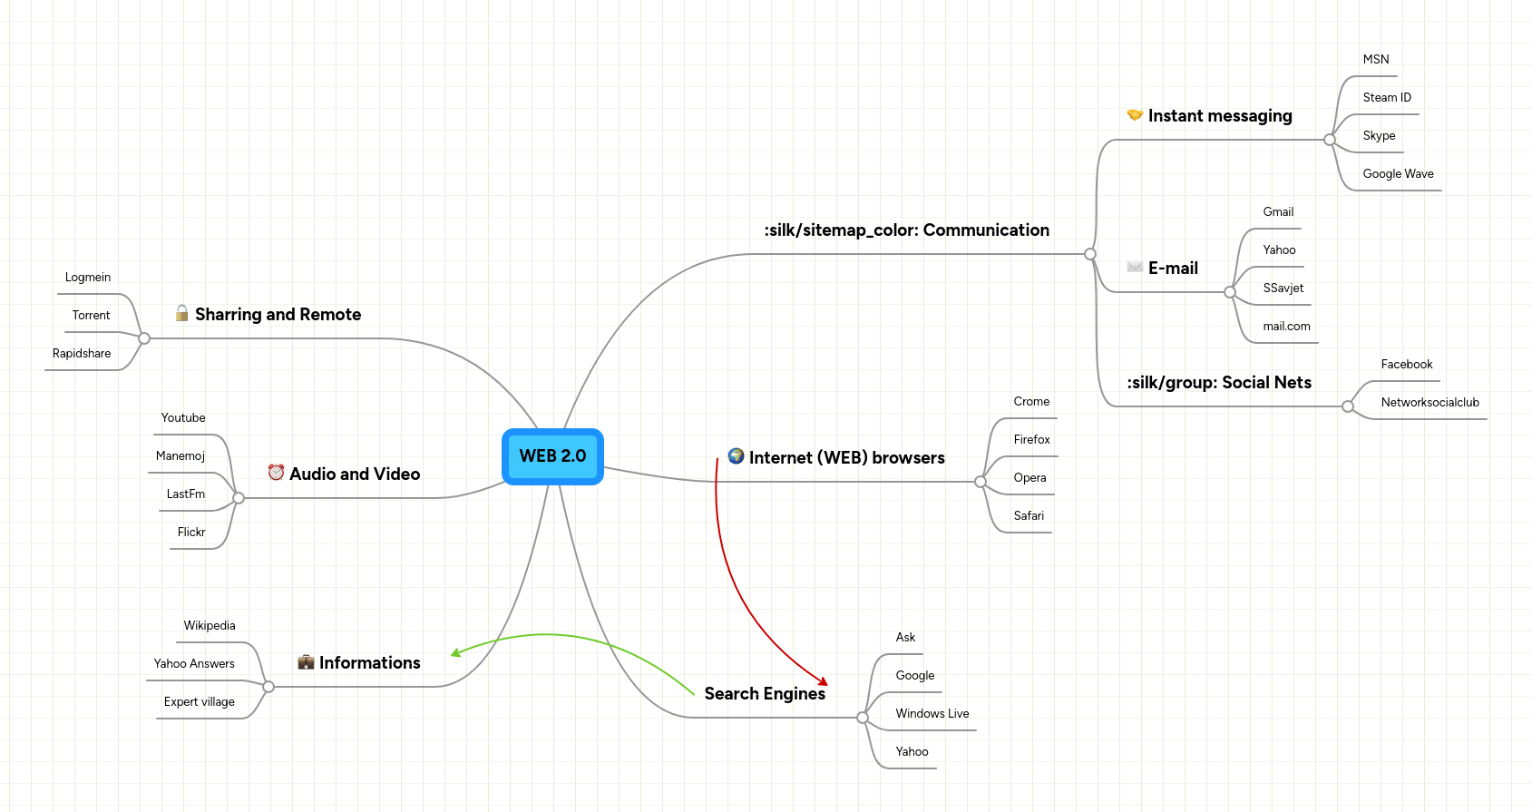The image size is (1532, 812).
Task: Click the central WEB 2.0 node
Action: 552,456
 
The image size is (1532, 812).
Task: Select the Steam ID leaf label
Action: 1386,98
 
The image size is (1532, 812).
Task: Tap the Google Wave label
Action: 1398,174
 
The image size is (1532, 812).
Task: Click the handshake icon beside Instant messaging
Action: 1134,115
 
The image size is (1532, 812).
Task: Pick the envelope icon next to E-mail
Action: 1134,267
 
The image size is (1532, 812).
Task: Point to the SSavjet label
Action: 1283,289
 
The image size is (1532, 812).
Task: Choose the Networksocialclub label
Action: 1430,403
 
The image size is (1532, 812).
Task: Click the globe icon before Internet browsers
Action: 736,456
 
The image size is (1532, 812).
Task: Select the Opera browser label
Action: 1029,478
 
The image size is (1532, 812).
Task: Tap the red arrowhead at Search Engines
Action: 823,681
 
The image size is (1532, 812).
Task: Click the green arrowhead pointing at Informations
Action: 456,652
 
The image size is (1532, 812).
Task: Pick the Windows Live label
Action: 932,714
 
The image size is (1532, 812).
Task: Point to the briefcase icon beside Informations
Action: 306,662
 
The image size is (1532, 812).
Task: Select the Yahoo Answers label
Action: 194,664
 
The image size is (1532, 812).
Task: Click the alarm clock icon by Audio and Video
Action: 276,473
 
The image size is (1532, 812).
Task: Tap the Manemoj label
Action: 180,456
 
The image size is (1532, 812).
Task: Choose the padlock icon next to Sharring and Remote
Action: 181,313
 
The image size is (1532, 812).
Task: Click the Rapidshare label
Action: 82,354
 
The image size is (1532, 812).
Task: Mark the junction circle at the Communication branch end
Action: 1090,254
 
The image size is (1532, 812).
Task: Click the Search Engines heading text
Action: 765,694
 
